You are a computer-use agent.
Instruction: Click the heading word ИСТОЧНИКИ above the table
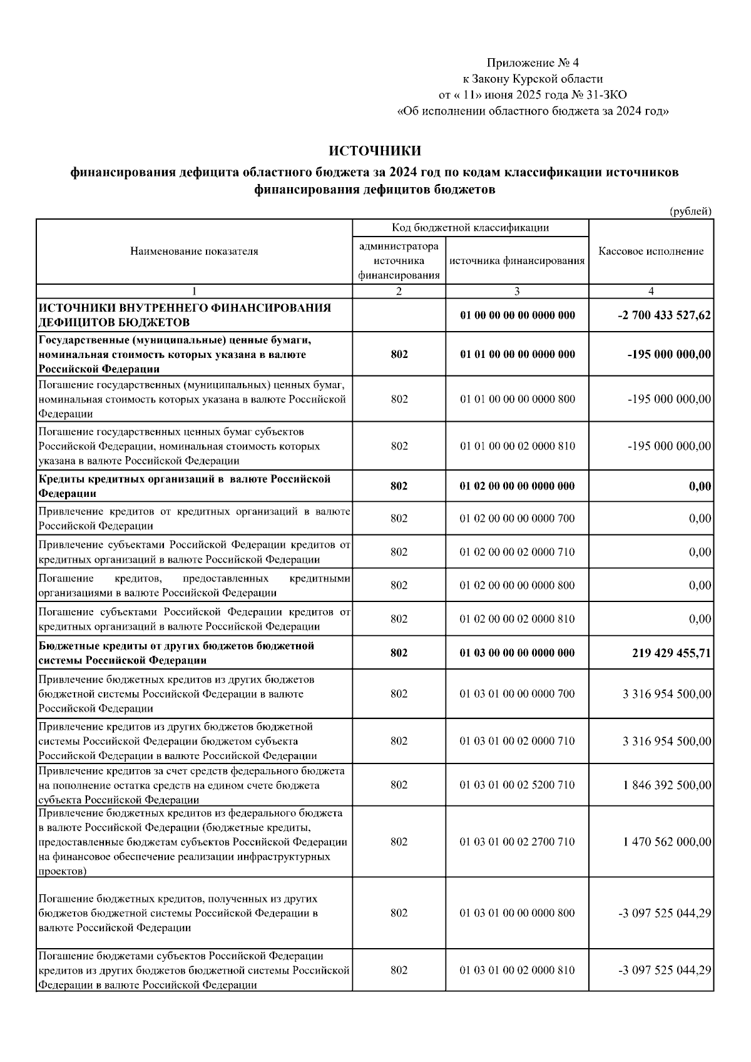tap(375, 151)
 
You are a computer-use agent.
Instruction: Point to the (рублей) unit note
tap(690, 211)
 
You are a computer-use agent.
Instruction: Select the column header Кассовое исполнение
tap(651, 252)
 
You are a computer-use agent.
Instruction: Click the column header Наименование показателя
tap(194, 252)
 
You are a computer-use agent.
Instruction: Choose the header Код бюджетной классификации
tap(470, 227)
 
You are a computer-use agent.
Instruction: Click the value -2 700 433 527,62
tap(664, 315)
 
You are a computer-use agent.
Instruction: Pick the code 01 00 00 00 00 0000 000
tap(517, 315)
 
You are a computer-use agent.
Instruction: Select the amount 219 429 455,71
tap(672, 653)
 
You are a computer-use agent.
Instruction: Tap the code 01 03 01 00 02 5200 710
tap(517, 785)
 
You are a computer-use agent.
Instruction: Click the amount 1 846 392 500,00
tap(667, 785)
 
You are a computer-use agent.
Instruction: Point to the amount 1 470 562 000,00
tap(667, 842)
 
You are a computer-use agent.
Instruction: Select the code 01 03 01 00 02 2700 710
tap(517, 842)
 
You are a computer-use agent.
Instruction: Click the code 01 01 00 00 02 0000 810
tap(517, 446)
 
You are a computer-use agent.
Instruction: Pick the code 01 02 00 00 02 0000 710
tap(517, 552)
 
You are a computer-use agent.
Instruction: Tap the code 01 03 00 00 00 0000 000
tap(517, 653)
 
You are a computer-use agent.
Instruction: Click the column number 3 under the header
tap(517, 291)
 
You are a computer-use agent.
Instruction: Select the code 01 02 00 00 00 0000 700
tap(517, 518)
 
